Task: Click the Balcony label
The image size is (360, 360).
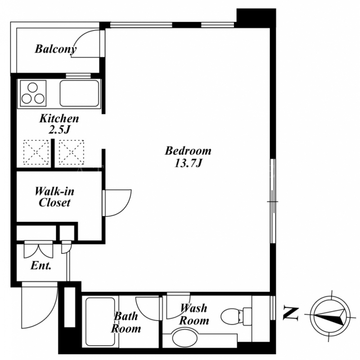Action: (55, 49)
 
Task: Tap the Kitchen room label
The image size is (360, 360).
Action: (59, 118)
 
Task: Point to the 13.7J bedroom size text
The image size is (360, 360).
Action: (188, 163)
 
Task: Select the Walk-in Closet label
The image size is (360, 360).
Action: (54, 197)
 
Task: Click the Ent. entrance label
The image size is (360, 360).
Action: (41, 265)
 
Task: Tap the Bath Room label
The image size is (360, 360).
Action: (126, 322)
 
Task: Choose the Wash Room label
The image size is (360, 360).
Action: (194, 314)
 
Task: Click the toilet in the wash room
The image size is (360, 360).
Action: (236, 316)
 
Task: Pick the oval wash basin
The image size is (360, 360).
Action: (184, 337)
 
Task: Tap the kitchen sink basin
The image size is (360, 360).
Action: (79, 93)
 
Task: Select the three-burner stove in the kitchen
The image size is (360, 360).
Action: (33, 93)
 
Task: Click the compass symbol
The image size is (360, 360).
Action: (330, 316)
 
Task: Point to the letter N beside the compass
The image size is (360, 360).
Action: (291, 313)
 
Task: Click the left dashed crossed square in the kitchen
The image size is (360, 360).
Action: (36, 152)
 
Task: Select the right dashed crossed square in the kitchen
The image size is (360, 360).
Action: (71, 152)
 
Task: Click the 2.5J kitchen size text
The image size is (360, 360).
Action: (59, 130)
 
